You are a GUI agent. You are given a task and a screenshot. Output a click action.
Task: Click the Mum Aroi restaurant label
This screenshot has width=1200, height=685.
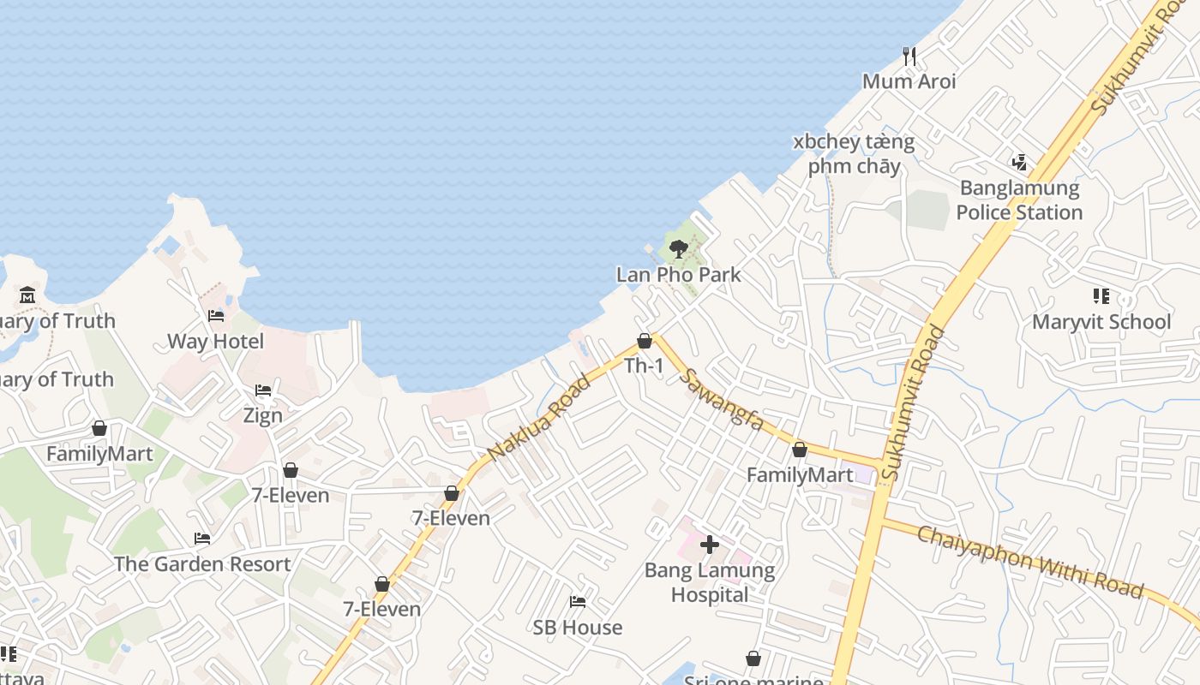click(909, 81)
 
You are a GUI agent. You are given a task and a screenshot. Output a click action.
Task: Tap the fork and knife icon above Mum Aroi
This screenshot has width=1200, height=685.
click(909, 57)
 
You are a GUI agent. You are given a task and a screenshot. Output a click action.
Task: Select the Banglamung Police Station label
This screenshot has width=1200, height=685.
click(1019, 200)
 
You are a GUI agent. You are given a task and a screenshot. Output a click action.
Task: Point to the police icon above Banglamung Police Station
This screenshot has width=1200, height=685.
click(1019, 161)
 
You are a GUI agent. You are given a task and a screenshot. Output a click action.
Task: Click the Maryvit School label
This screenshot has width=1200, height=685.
click(1101, 322)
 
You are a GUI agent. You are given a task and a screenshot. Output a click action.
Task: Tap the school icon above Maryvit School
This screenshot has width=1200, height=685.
click(1101, 296)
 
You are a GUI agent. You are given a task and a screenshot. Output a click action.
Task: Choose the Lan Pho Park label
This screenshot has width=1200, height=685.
click(678, 275)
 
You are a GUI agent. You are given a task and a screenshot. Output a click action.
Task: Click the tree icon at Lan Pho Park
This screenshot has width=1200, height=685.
click(678, 249)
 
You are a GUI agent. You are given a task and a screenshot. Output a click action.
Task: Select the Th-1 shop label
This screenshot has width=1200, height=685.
click(644, 366)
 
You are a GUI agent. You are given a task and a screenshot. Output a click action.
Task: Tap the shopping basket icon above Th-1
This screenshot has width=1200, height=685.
click(645, 341)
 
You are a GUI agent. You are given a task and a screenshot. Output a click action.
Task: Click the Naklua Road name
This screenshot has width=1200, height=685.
click(538, 418)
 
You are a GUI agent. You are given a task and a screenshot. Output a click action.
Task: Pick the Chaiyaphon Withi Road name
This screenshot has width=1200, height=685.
click(1029, 562)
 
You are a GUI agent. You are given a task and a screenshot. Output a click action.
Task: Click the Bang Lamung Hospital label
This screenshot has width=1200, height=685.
click(710, 582)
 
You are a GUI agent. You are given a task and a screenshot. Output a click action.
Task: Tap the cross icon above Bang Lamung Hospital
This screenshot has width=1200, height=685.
click(710, 544)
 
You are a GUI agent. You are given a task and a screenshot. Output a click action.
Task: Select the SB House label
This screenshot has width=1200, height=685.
click(578, 628)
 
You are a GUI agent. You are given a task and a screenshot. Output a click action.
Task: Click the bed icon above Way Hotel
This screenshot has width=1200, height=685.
click(216, 316)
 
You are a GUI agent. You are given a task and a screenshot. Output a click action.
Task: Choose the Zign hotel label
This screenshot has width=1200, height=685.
click(262, 416)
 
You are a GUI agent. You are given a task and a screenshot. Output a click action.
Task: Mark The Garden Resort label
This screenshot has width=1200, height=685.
click(202, 564)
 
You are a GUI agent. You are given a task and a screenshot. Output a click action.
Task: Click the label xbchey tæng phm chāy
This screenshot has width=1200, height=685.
click(854, 153)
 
